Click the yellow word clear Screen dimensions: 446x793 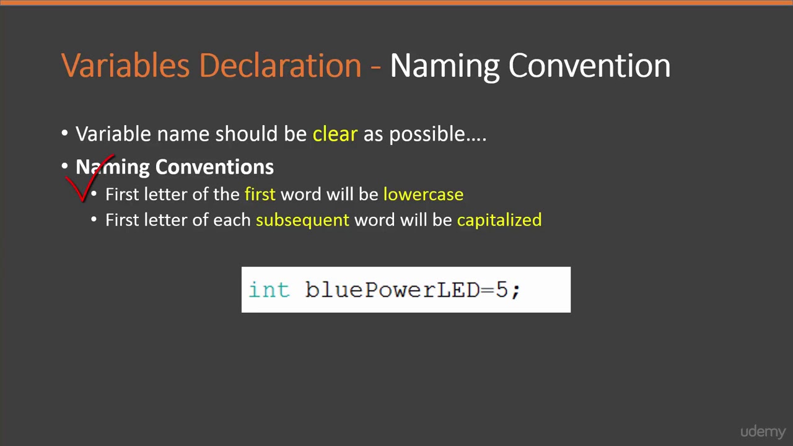(x=335, y=134)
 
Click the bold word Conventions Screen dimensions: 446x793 (x=214, y=167)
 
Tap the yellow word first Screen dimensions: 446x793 (x=260, y=194)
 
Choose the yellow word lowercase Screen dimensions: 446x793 (x=423, y=194)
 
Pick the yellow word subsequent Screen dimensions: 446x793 (x=302, y=220)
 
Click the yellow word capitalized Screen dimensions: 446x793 (x=499, y=220)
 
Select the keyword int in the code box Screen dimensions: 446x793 (x=269, y=290)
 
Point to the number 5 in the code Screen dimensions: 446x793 (x=502, y=290)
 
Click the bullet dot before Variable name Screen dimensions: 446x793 (x=65, y=134)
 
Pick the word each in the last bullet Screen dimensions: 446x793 (x=232, y=220)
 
